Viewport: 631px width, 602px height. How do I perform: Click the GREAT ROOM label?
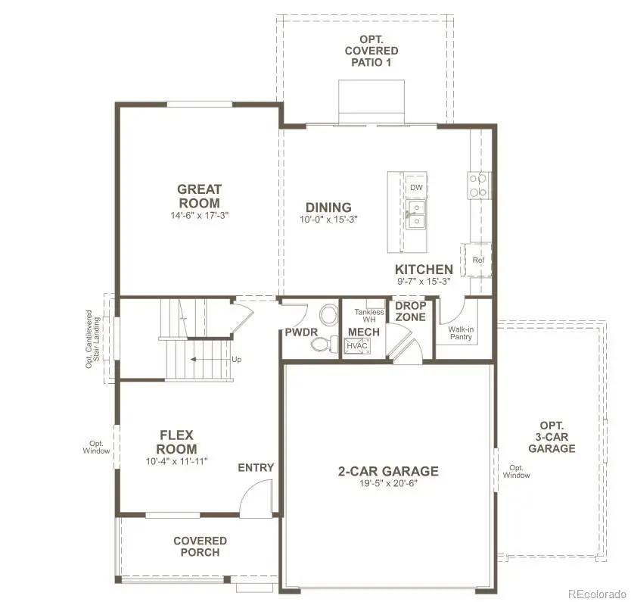pyautogui.click(x=199, y=196)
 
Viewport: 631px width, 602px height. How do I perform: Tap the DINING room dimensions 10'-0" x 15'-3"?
pyautogui.click(x=328, y=220)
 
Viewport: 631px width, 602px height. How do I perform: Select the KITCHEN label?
pyautogui.click(x=424, y=270)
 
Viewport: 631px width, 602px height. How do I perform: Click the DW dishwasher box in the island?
pyautogui.click(x=415, y=187)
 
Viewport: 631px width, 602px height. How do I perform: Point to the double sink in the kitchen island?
pyautogui.click(x=415, y=214)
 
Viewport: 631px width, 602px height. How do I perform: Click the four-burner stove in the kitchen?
pyautogui.click(x=477, y=186)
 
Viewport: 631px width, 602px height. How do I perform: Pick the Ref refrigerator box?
pyautogui.click(x=477, y=260)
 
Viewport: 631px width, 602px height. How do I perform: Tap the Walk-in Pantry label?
pyautogui.click(x=460, y=333)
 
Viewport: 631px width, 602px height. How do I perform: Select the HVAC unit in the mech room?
pyautogui.click(x=356, y=346)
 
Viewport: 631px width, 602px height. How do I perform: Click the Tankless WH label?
pyautogui.click(x=369, y=315)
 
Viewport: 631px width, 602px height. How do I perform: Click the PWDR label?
pyautogui.click(x=300, y=332)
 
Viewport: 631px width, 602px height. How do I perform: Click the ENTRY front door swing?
pyautogui.click(x=256, y=500)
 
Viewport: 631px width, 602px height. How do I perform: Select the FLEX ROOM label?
pyautogui.click(x=177, y=442)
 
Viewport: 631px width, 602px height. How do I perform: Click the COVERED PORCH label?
pyautogui.click(x=200, y=546)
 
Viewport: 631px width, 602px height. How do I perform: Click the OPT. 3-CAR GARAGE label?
pyautogui.click(x=552, y=437)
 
